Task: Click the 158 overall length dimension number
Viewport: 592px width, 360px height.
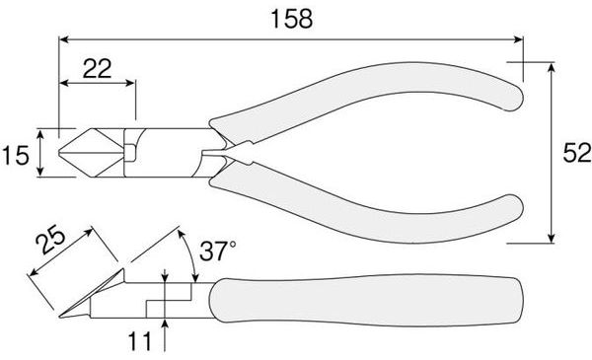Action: tap(292, 19)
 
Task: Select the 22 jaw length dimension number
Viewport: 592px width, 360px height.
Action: tap(97, 69)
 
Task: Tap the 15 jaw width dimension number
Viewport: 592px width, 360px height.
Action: tap(15, 155)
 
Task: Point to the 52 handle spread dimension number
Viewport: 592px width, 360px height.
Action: tap(577, 153)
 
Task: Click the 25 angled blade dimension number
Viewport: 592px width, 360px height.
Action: tap(50, 240)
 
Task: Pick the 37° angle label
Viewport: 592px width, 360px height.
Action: tap(217, 251)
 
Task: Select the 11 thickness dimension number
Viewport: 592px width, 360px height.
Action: tap(140, 341)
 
